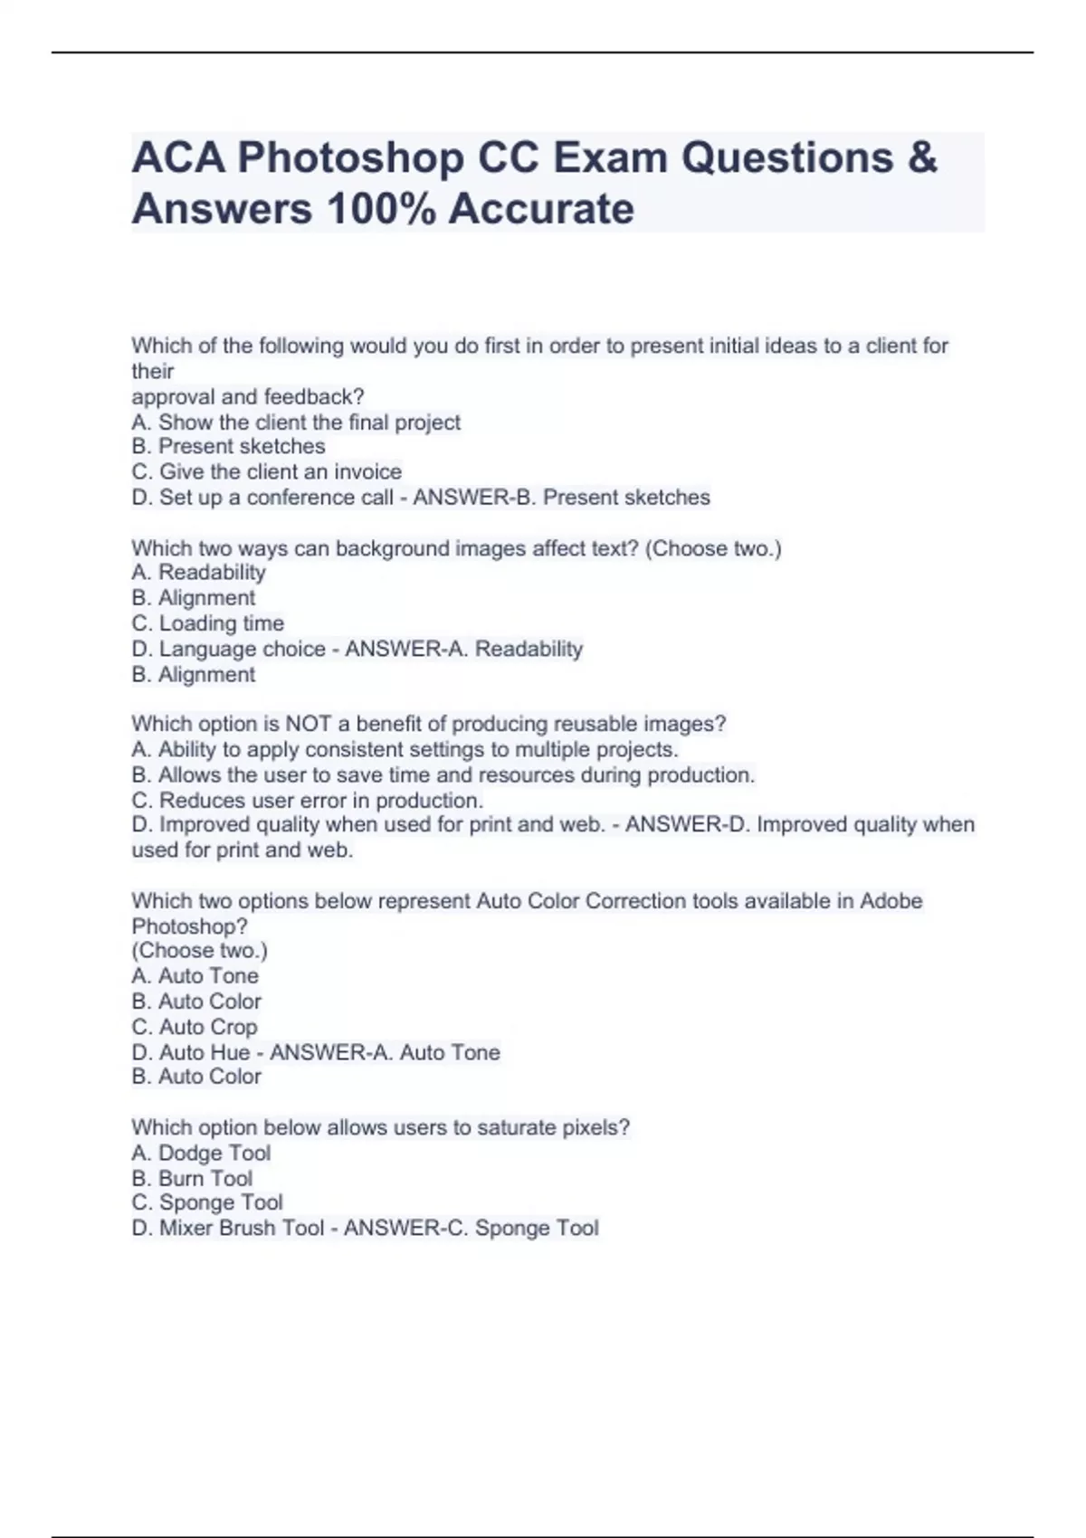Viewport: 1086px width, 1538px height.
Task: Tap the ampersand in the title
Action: (x=920, y=158)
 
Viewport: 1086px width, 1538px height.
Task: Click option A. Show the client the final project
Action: (x=296, y=422)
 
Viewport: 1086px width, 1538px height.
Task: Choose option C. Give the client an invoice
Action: (x=266, y=472)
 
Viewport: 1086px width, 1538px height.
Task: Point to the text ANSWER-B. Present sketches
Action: (x=561, y=498)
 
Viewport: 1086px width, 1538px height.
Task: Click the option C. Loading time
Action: (x=207, y=623)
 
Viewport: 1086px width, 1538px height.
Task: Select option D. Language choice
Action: (x=228, y=649)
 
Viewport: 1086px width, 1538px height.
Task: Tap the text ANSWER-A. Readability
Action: (x=463, y=649)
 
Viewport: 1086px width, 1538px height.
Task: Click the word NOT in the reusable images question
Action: (x=309, y=724)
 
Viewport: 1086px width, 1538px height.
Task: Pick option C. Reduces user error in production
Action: (x=307, y=801)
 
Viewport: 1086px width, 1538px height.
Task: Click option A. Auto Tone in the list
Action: (x=195, y=976)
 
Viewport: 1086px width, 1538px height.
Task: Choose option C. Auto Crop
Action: (x=194, y=1027)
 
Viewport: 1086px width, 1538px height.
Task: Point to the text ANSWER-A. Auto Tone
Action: (x=385, y=1052)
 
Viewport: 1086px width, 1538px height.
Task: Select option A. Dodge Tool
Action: (x=201, y=1153)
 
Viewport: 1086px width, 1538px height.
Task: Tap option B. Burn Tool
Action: (x=192, y=1179)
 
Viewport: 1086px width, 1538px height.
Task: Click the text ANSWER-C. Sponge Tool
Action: (x=471, y=1229)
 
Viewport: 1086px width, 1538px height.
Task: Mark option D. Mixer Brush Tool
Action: (x=227, y=1229)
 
